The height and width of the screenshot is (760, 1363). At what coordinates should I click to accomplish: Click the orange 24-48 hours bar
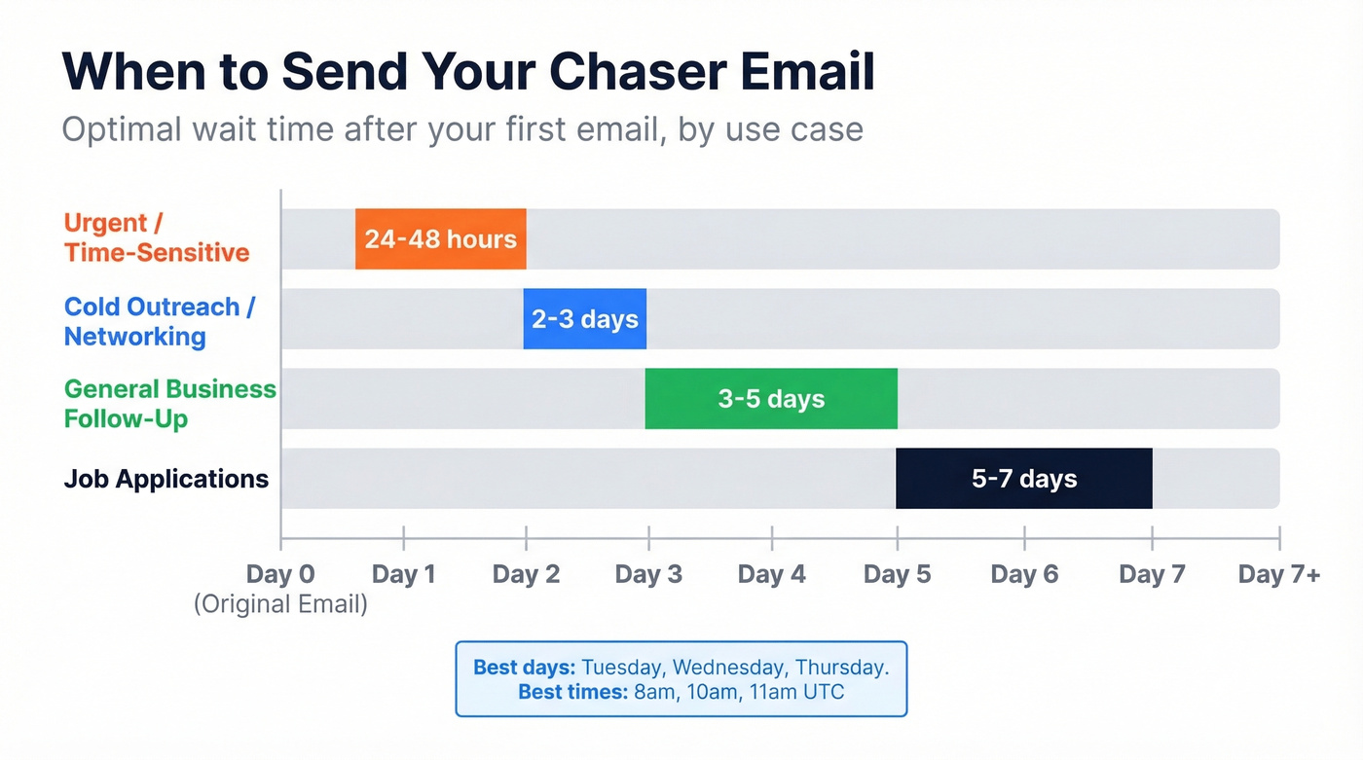pos(440,238)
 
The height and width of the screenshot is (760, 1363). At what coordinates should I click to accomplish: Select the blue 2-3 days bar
pos(584,318)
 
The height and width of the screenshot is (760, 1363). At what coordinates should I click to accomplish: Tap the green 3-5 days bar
pos(771,398)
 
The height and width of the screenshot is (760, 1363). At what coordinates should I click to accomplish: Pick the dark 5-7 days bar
pos(1023,478)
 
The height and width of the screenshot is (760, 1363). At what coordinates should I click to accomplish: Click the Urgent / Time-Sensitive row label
pos(157,237)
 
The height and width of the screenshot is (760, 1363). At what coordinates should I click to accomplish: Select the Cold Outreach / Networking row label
pos(159,321)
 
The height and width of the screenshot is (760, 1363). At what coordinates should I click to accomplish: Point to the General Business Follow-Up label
pos(169,403)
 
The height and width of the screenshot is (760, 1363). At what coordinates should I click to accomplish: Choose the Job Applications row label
pos(166,479)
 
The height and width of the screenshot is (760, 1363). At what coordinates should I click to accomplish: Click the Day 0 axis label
pos(280,574)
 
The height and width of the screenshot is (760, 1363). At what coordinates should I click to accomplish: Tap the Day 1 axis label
pos(403,574)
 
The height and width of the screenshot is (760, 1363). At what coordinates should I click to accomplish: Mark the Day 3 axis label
pos(648,574)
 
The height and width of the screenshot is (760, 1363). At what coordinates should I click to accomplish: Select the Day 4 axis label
pos(771,574)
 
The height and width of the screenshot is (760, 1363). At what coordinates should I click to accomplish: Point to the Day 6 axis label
pos(1024,574)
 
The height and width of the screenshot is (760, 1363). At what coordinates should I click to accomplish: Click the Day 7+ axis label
pos(1278,574)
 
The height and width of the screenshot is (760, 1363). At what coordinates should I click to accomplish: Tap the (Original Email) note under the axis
pos(280,604)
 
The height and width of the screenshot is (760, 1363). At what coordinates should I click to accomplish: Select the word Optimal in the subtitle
pos(123,128)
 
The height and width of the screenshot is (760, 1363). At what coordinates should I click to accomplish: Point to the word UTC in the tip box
pos(824,693)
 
